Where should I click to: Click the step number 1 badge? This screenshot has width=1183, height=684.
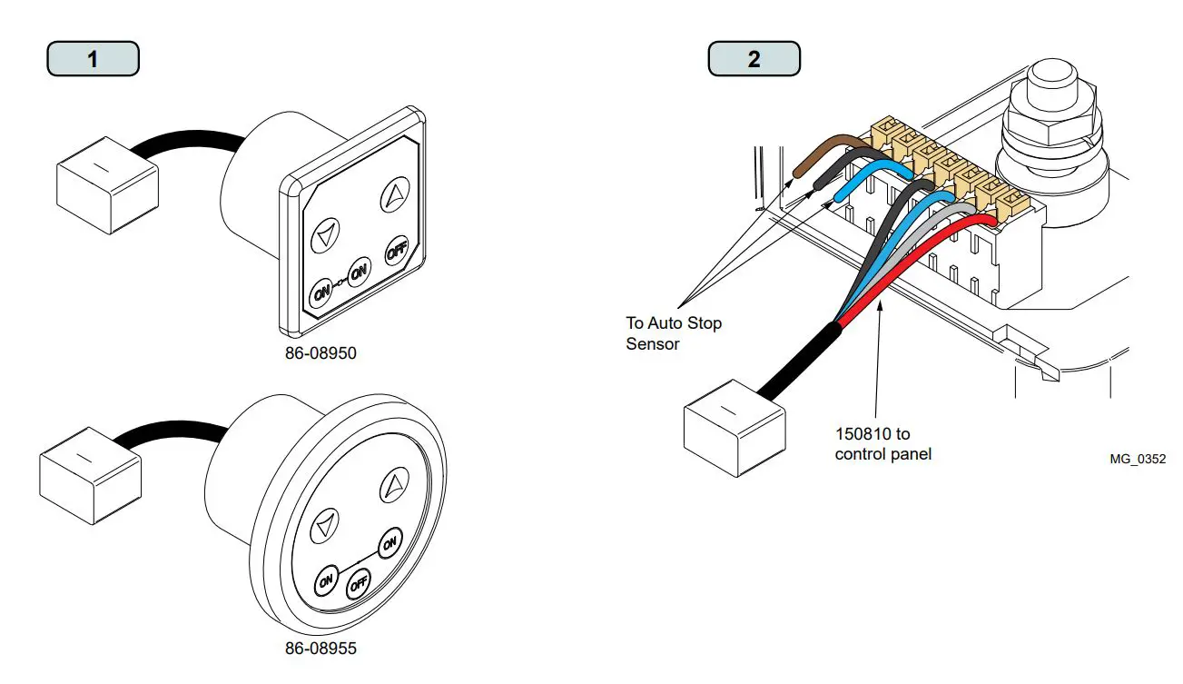click(93, 59)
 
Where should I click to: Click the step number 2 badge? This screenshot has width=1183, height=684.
click(754, 59)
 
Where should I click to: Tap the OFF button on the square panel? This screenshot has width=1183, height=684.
click(395, 250)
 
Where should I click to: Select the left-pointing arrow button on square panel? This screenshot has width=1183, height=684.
click(324, 236)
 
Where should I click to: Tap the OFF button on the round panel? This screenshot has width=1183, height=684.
click(360, 580)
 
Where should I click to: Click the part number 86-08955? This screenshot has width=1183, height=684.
click(320, 649)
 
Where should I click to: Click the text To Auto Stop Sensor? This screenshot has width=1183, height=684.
click(674, 332)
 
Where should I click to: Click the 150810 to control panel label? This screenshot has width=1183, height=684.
click(882, 444)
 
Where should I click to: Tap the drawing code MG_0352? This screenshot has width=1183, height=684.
click(1137, 460)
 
